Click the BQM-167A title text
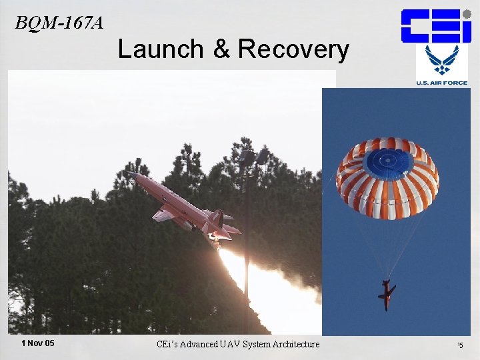point(59,23)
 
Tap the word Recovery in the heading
point(293,49)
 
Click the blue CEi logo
point(435,26)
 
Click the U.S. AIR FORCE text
point(442,83)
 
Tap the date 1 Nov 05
point(38,343)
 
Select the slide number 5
point(460,345)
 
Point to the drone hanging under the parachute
point(385,294)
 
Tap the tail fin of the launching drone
point(217,217)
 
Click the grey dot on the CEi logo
point(467,14)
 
